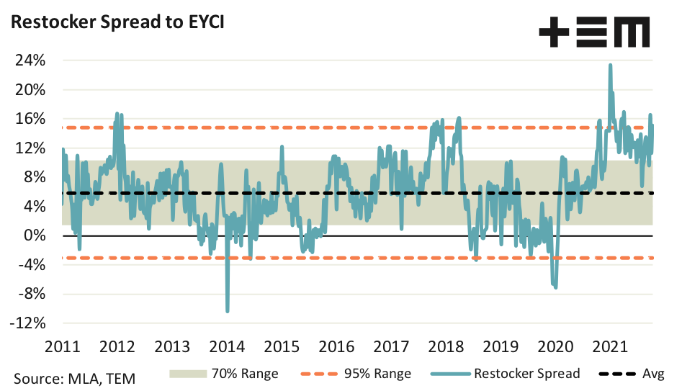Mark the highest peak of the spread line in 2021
(610, 65)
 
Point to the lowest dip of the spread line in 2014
(228, 311)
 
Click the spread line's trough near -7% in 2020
(555, 287)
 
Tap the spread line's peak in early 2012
(117, 114)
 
